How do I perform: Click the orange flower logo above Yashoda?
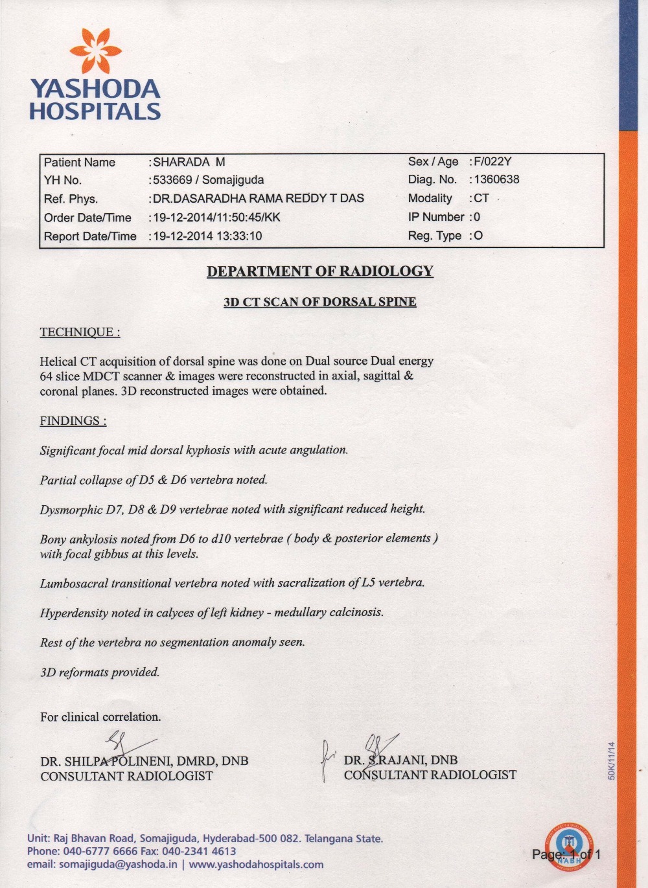coord(96,51)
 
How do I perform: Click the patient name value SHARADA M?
coord(189,162)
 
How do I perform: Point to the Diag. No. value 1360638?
coord(496,179)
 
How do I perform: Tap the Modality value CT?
coord(481,198)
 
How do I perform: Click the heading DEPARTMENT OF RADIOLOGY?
coord(320,271)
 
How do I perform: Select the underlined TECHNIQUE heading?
coord(80,332)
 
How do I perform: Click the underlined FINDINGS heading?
coord(73,421)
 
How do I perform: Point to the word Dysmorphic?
coord(71,510)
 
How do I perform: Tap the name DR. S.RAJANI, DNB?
coord(400,760)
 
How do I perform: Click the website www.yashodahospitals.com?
coord(256,865)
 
